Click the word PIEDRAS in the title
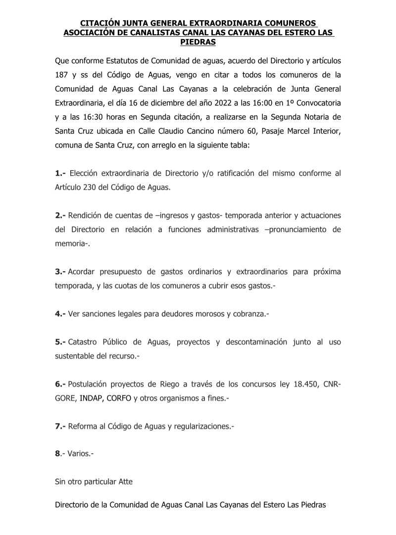[198, 42]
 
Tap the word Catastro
[84, 342]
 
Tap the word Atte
[126, 481]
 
